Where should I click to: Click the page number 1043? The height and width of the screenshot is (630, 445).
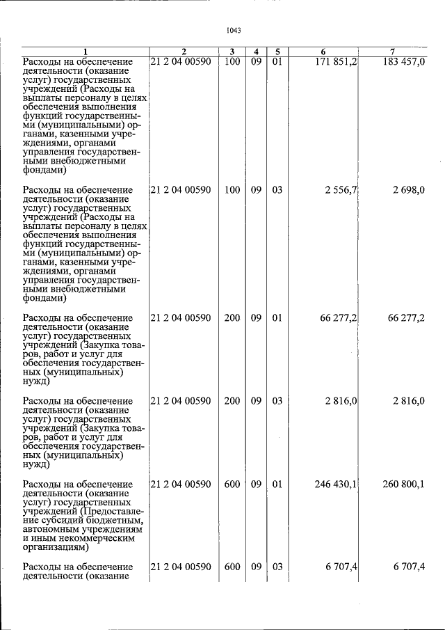233,30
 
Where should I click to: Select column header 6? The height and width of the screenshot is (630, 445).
323,52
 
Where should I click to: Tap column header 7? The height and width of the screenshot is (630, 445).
392,52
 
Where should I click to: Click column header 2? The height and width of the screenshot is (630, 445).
184,52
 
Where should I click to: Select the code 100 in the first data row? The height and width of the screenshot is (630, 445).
232,62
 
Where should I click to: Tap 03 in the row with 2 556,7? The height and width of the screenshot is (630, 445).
277,190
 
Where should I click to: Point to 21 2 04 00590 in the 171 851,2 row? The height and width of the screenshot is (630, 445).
181,62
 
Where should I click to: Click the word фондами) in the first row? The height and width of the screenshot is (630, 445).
44,169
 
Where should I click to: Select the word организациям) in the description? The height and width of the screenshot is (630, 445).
56,548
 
